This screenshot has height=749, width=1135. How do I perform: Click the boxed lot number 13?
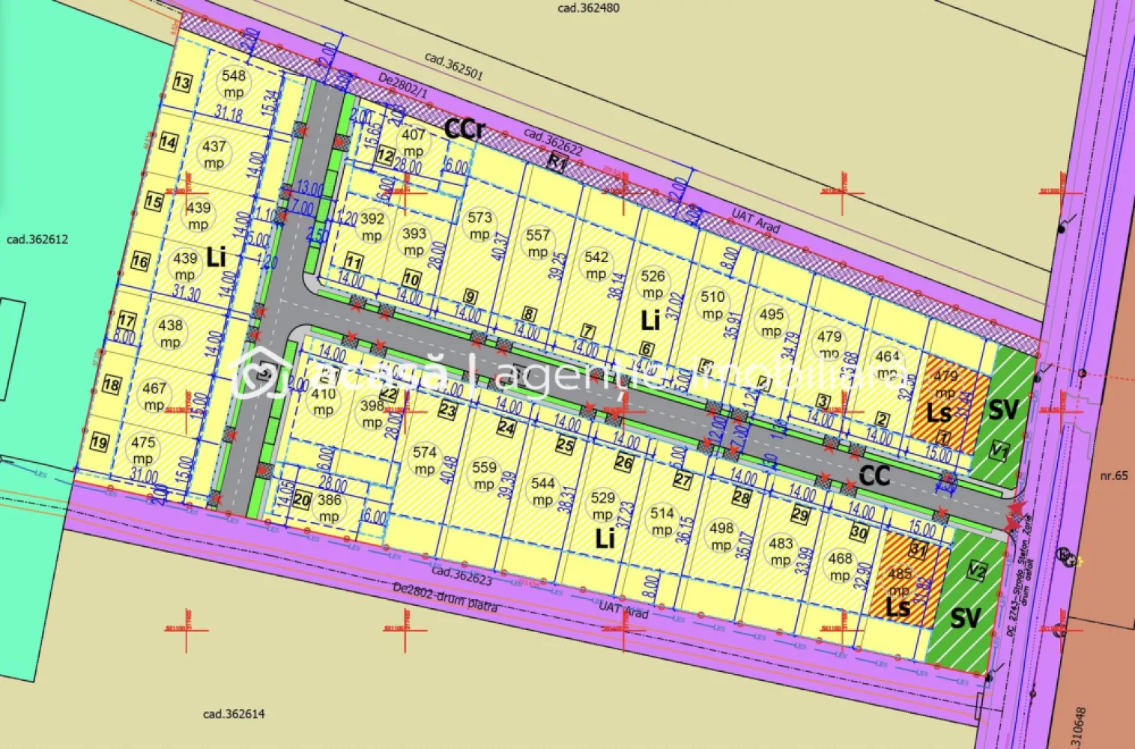(x=182, y=82)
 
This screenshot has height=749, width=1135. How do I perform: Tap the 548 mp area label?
(x=234, y=83)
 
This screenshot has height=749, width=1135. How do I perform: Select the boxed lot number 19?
(x=99, y=442)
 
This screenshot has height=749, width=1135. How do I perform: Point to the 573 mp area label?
(x=479, y=225)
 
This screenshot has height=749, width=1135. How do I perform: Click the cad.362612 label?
(x=37, y=240)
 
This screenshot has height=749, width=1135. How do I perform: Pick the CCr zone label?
(x=464, y=129)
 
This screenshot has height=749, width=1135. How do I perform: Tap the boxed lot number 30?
(x=859, y=533)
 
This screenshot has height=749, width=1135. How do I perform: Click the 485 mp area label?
(x=900, y=581)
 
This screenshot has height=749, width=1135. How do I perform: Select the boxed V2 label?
(x=976, y=571)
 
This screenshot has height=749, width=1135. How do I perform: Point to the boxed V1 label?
(x=999, y=451)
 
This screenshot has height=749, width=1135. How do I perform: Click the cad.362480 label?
(x=589, y=8)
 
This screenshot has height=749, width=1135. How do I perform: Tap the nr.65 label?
(x=1113, y=476)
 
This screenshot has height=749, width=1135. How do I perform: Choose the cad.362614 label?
(x=234, y=714)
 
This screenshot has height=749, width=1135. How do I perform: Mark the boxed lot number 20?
(x=302, y=500)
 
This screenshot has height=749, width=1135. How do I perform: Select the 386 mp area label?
(x=329, y=508)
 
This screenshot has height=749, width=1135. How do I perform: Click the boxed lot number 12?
(x=384, y=156)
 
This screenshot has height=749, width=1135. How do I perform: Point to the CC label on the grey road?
(x=874, y=475)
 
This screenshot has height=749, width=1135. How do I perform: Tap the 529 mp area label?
(x=602, y=506)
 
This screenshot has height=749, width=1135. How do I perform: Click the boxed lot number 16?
(x=140, y=261)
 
